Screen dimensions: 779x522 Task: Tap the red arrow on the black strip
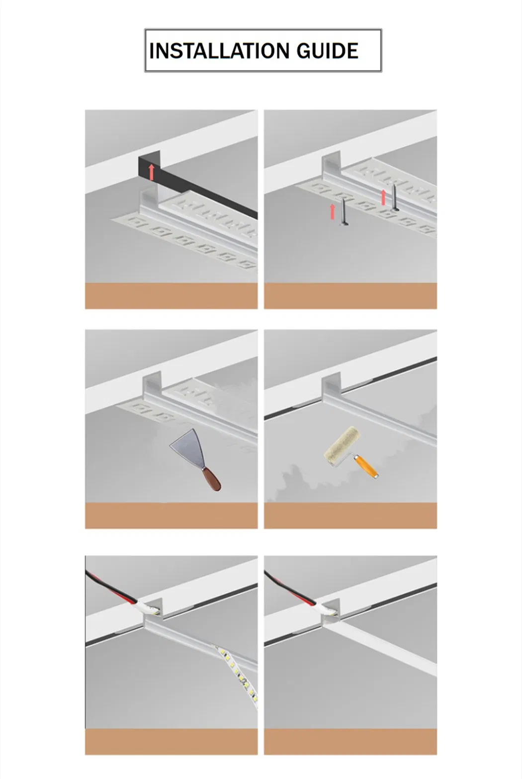tap(152, 172)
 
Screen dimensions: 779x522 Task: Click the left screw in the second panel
tap(343, 212)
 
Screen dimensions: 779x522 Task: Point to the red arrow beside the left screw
tap(333, 211)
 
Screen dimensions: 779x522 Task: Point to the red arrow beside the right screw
tap(383, 196)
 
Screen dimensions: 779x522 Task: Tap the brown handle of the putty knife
tap(211, 480)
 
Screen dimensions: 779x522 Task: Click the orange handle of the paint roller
tap(367, 468)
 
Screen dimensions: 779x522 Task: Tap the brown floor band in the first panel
tap(171, 296)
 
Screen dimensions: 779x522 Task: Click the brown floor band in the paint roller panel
tap(350, 515)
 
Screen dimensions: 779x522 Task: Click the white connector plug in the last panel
tap(327, 607)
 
